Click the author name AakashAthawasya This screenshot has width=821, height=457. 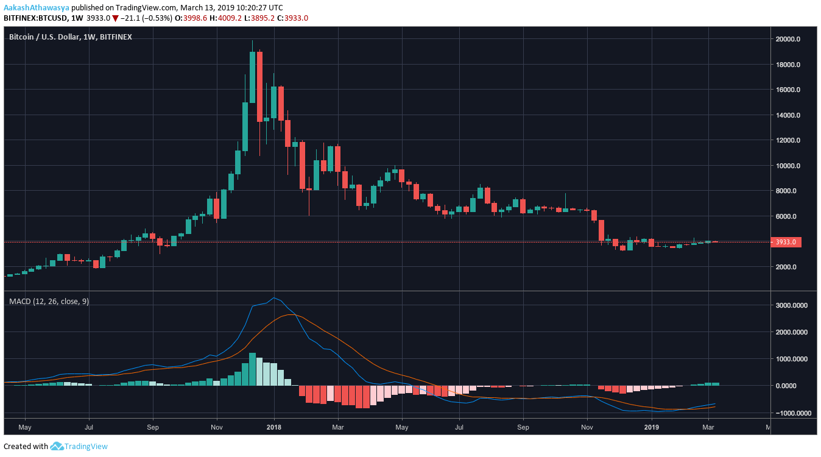click(x=36, y=7)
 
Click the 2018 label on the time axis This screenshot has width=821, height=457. click(x=274, y=428)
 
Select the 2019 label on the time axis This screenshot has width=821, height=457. click(x=652, y=428)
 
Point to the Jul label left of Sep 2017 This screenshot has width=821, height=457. click(x=90, y=428)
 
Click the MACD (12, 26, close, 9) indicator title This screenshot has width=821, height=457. click(x=49, y=301)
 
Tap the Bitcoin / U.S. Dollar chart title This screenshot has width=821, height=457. click(x=70, y=37)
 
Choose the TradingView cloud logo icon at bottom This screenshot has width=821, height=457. click(x=57, y=446)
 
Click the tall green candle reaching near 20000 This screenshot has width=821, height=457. click(x=253, y=76)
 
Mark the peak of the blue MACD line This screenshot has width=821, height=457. click(x=274, y=298)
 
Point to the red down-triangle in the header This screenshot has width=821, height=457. click(x=115, y=18)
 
